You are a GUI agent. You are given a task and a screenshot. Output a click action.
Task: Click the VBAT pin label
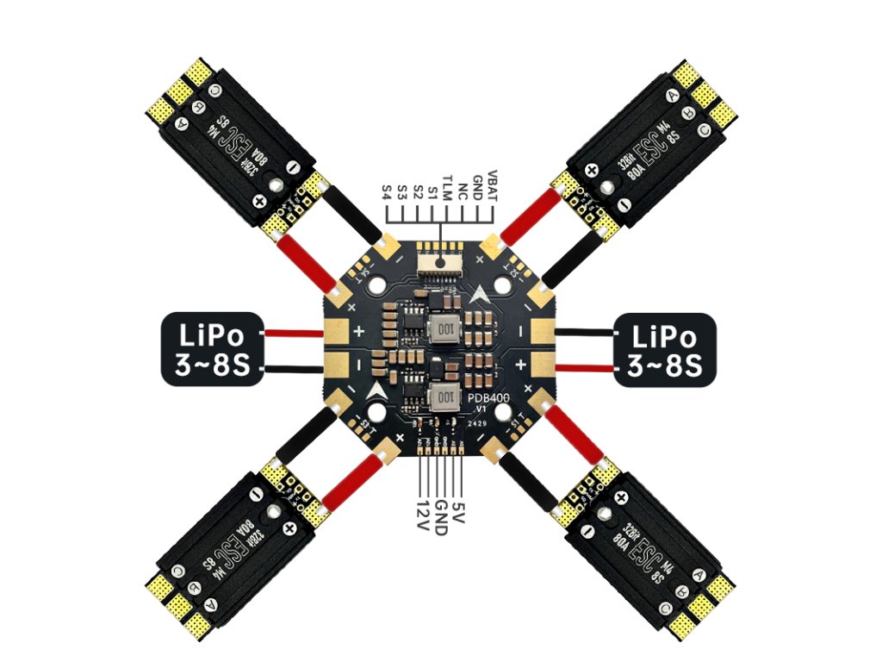point(492,184)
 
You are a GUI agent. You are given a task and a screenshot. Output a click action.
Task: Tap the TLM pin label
point(448,185)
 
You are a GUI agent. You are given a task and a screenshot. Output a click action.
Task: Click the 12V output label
point(421,514)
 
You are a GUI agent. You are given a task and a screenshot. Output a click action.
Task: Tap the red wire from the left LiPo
point(292,333)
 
